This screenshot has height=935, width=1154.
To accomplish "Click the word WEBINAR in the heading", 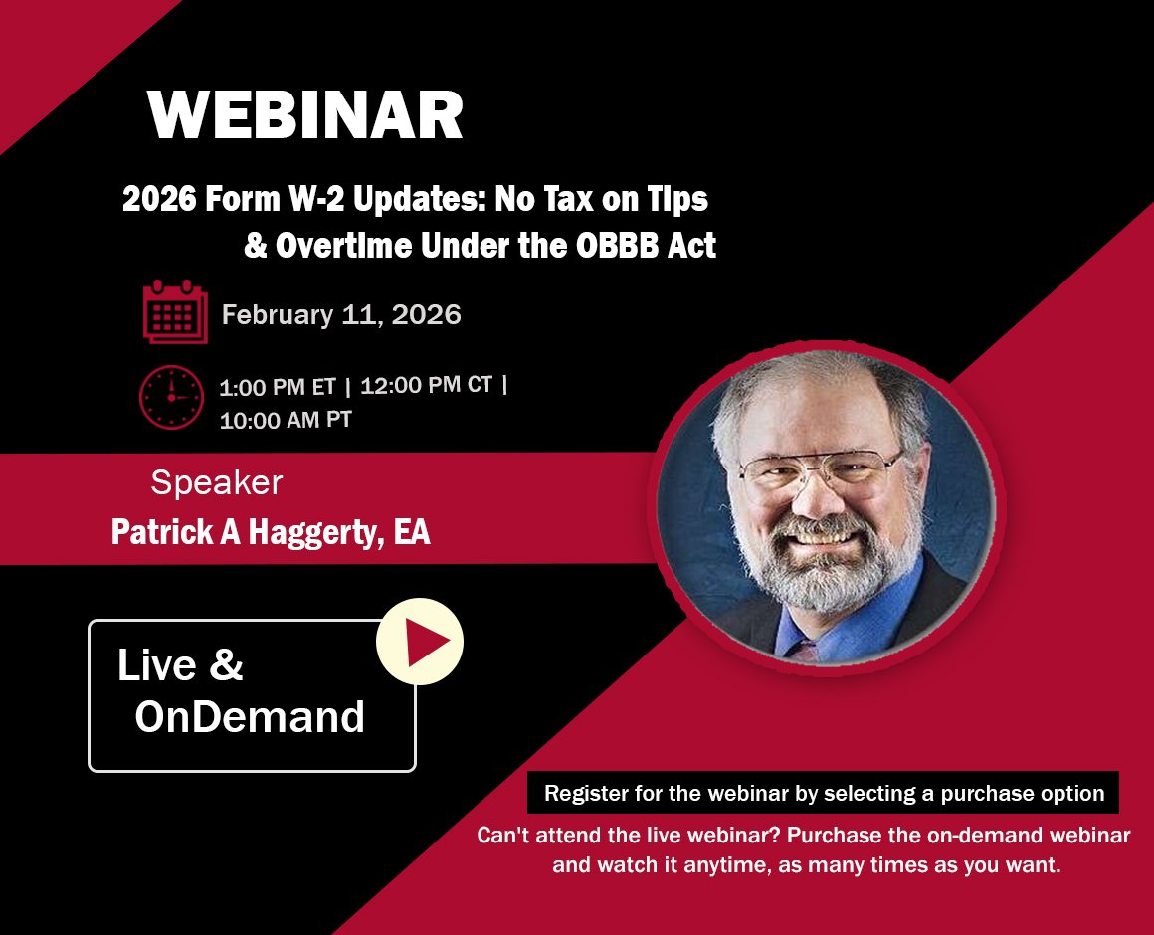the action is (x=305, y=114).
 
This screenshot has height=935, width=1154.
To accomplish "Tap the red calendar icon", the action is (x=175, y=311).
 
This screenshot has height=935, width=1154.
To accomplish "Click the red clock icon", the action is (x=171, y=397).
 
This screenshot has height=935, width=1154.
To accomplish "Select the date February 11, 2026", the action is (x=341, y=315).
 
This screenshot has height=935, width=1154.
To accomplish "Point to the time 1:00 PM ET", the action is (x=278, y=387).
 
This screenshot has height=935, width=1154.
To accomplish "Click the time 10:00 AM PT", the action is (x=286, y=420).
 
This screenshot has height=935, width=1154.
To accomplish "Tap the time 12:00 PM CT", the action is (x=426, y=385).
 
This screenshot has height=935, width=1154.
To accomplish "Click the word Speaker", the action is (x=217, y=483).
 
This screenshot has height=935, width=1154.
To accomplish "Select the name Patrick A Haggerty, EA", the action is (x=271, y=532).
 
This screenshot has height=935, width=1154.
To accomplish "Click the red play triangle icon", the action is (x=426, y=642).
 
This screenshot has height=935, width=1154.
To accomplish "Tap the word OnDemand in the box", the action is (x=250, y=716).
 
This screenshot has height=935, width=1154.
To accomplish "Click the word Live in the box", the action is (x=157, y=664).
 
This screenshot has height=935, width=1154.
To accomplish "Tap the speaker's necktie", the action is (x=805, y=652).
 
